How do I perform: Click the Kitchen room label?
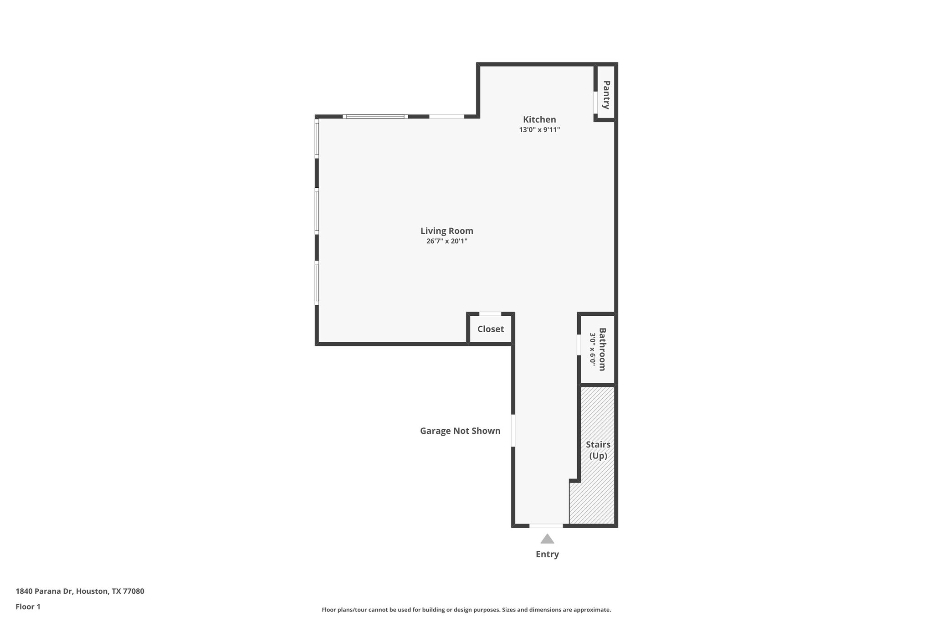pos(539,119)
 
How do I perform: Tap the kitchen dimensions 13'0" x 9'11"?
pos(539,130)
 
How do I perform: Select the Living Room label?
pos(446,231)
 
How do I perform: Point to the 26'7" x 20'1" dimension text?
pos(446,242)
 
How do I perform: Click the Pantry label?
pos(606,95)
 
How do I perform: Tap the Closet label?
pos(490,329)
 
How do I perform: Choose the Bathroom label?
pos(602,349)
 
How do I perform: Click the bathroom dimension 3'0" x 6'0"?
pos(593,349)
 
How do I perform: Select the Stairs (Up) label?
pos(598,450)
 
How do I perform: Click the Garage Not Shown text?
pos(460,431)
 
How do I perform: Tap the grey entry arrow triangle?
pos(547,540)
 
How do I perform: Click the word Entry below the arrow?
pos(547,555)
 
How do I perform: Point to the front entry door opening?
pos(546,526)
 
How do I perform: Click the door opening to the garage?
pos(513,430)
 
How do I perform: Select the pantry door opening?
pos(595,103)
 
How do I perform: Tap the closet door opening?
pos(490,314)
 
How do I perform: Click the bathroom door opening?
pos(579,345)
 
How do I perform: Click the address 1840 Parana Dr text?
pos(44,591)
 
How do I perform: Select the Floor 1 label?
pos(28,607)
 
